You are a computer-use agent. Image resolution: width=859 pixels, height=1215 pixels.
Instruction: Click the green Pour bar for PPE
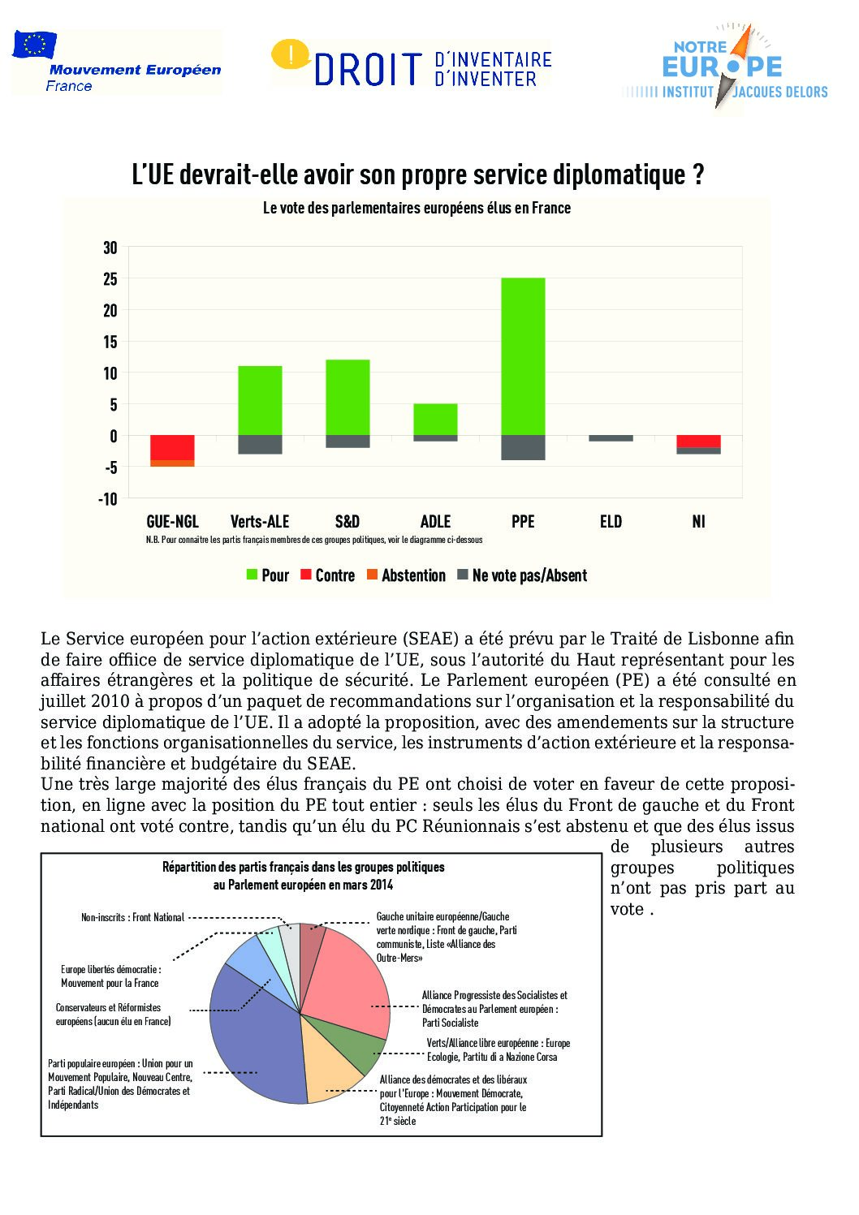(523, 356)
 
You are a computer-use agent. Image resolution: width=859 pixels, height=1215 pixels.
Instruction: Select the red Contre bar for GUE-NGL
(172, 448)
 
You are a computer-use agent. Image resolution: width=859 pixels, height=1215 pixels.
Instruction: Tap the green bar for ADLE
(435, 419)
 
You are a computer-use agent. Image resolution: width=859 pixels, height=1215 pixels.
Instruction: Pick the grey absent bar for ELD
(611, 438)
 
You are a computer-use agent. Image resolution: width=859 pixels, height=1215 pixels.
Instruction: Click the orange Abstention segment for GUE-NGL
(172, 463)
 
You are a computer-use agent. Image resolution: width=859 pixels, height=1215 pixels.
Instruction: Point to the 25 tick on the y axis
(110, 279)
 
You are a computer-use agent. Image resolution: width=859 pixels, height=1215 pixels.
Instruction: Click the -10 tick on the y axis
(108, 499)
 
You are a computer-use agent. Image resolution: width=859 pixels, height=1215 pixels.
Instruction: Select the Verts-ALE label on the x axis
(260, 522)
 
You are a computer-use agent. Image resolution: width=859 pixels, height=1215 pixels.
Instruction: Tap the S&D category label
(347, 522)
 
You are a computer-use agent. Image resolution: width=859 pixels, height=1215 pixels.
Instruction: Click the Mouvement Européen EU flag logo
(34, 45)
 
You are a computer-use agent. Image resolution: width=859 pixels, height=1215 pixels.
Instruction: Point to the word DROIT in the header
(369, 70)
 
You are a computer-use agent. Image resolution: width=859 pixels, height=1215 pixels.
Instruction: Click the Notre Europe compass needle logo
(736, 67)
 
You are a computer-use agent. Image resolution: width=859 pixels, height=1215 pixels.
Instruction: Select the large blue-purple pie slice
(255, 1039)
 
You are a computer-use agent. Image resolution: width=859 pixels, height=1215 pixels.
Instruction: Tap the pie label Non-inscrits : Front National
(132, 917)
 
